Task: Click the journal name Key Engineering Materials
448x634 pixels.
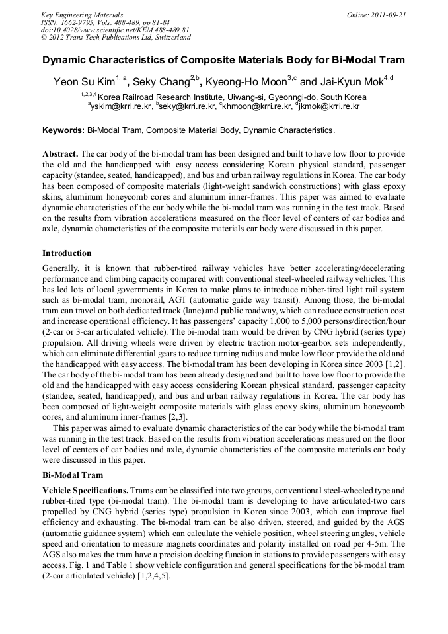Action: tap(81, 14)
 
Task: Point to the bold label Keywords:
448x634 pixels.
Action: tap(63, 130)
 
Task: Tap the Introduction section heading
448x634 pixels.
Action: tap(67, 253)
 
